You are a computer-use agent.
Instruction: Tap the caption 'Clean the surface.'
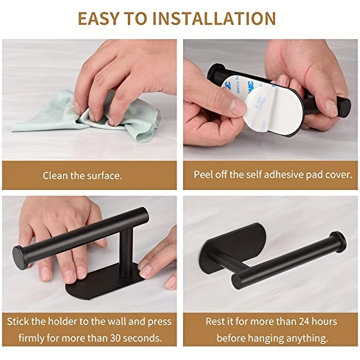[82, 175]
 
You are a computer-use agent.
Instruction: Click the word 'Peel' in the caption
[202, 175]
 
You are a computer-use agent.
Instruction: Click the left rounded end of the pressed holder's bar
[20, 257]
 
